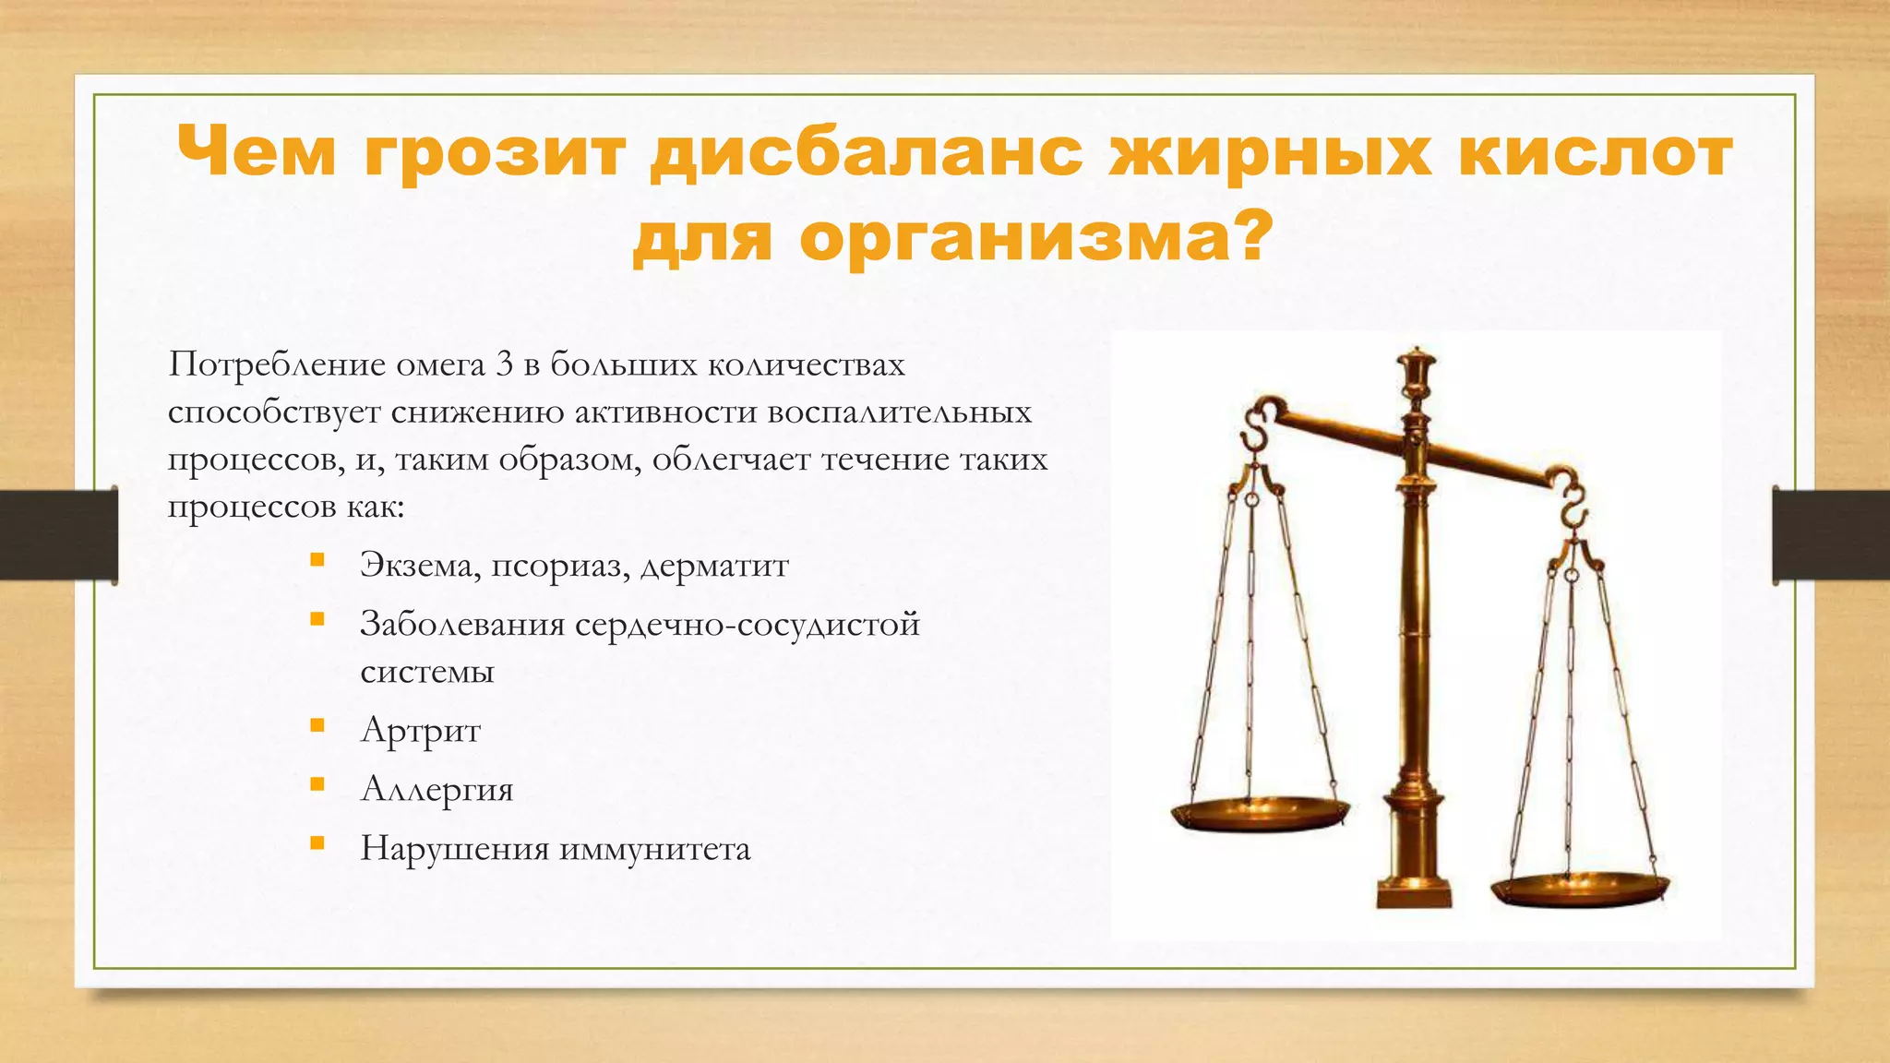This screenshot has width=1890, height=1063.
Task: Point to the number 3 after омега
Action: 504,364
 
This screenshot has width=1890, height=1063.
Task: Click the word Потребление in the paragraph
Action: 277,364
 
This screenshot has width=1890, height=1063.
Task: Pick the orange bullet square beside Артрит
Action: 317,725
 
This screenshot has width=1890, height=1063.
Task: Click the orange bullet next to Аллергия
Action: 317,784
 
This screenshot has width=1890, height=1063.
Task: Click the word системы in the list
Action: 427,672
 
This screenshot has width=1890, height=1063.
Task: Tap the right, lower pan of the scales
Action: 1580,889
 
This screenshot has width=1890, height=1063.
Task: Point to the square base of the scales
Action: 1414,892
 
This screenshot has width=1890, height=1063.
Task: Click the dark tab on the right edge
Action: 1831,535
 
